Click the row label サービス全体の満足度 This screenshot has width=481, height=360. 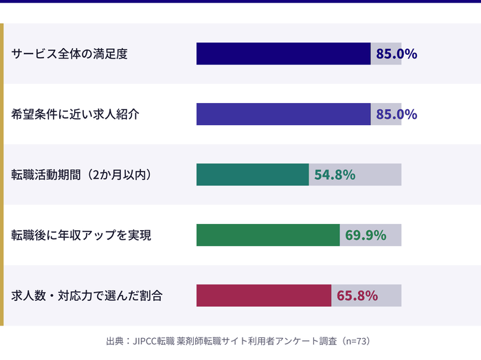[x=69, y=54]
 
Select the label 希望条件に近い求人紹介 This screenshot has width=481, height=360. [x=76, y=114]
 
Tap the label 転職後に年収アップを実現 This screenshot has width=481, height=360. [x=81, y=235]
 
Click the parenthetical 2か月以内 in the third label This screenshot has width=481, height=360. [x=119, y=175]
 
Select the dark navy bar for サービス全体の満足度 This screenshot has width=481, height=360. [x=283, y=54]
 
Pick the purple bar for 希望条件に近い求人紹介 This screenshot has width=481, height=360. [x=283, y=114]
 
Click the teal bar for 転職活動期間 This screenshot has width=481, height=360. [x=252, y=175]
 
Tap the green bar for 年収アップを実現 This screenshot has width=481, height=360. [x=268, y=235]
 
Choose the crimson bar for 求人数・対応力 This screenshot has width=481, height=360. [x=263, y=295]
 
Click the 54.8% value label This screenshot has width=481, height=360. [x=335, y=175]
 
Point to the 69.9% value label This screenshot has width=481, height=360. [x=366, y=235]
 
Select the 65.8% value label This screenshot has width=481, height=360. [x=357, y=295]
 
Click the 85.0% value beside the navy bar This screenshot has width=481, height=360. [x=396, y=54]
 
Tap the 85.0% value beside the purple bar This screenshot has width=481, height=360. [x=396, y=114]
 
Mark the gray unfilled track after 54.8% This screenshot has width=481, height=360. [x=379, y=175]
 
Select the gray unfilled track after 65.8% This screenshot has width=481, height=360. [x=390, y=295]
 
